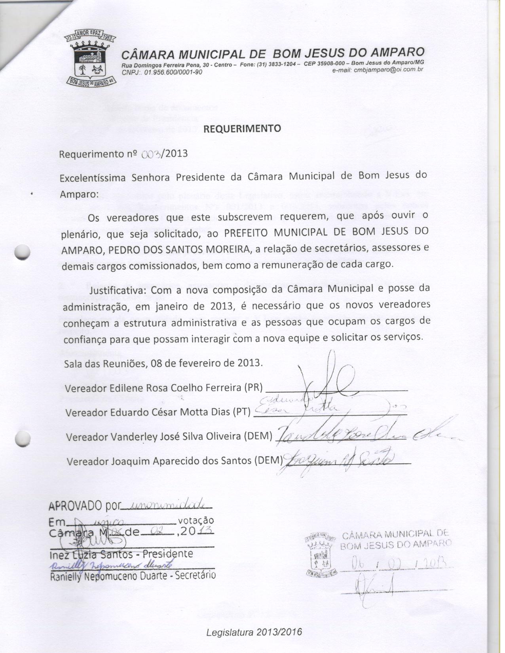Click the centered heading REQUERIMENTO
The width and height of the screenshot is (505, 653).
click(242, 128)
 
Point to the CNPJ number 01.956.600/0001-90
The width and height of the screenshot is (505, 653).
click(173, 72)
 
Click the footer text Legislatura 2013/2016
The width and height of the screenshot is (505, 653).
click(254, 632)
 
